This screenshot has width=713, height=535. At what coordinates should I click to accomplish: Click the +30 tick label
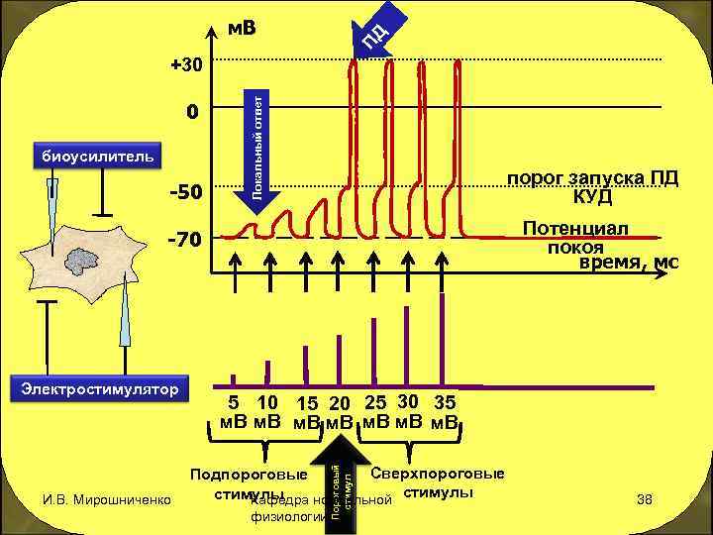185,65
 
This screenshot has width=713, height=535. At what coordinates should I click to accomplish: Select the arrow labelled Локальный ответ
255,149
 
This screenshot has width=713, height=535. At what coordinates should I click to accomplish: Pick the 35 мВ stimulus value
446,414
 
